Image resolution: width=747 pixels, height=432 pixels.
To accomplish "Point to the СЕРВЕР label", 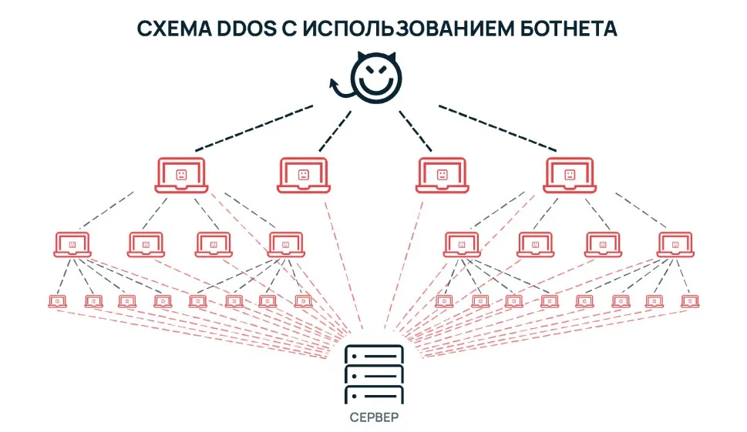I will (x=374, y=417).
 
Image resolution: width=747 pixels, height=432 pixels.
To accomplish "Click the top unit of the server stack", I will (x=374, y=356).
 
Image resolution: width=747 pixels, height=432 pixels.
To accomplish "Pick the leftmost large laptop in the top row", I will (x=181, y=176).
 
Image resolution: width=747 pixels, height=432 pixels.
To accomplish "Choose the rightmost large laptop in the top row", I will (x=570, y=176).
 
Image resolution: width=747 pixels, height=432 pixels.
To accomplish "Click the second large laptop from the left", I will (x=303, y=176).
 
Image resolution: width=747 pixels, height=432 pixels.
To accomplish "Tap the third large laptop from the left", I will (x=442, y=176).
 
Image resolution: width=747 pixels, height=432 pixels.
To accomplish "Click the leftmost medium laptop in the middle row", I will (x=72, y=244).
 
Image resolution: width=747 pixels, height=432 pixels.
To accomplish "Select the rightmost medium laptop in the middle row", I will (x=676, y=244).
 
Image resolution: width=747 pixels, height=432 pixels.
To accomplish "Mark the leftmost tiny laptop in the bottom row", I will (x=56, y=300).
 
